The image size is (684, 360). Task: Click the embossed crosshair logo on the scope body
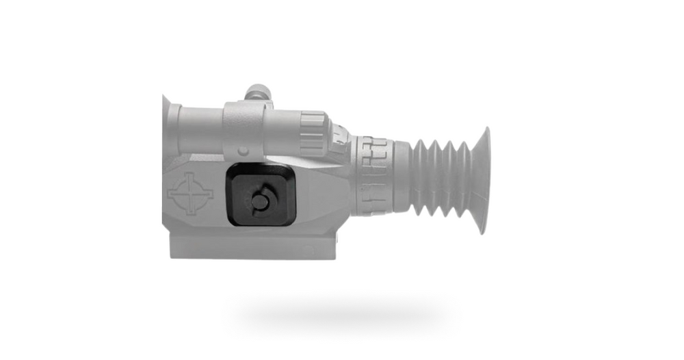tap(190, 194)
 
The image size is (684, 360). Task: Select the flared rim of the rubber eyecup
tap(482, 181)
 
